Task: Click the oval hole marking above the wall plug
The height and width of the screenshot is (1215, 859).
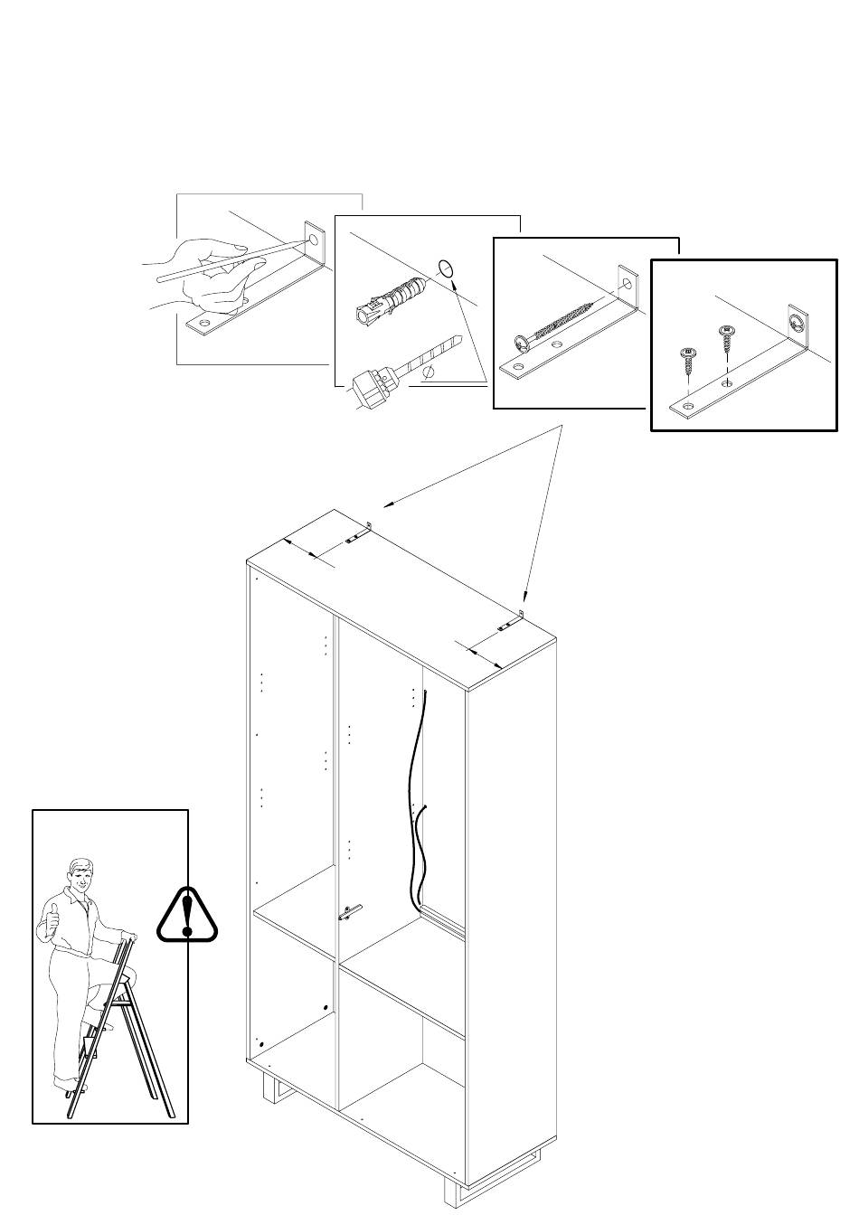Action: (x=445, y=268)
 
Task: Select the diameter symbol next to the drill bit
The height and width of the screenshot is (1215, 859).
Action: (x=431, y=372)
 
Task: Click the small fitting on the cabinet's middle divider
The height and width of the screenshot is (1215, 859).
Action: (x=350, y=911)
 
